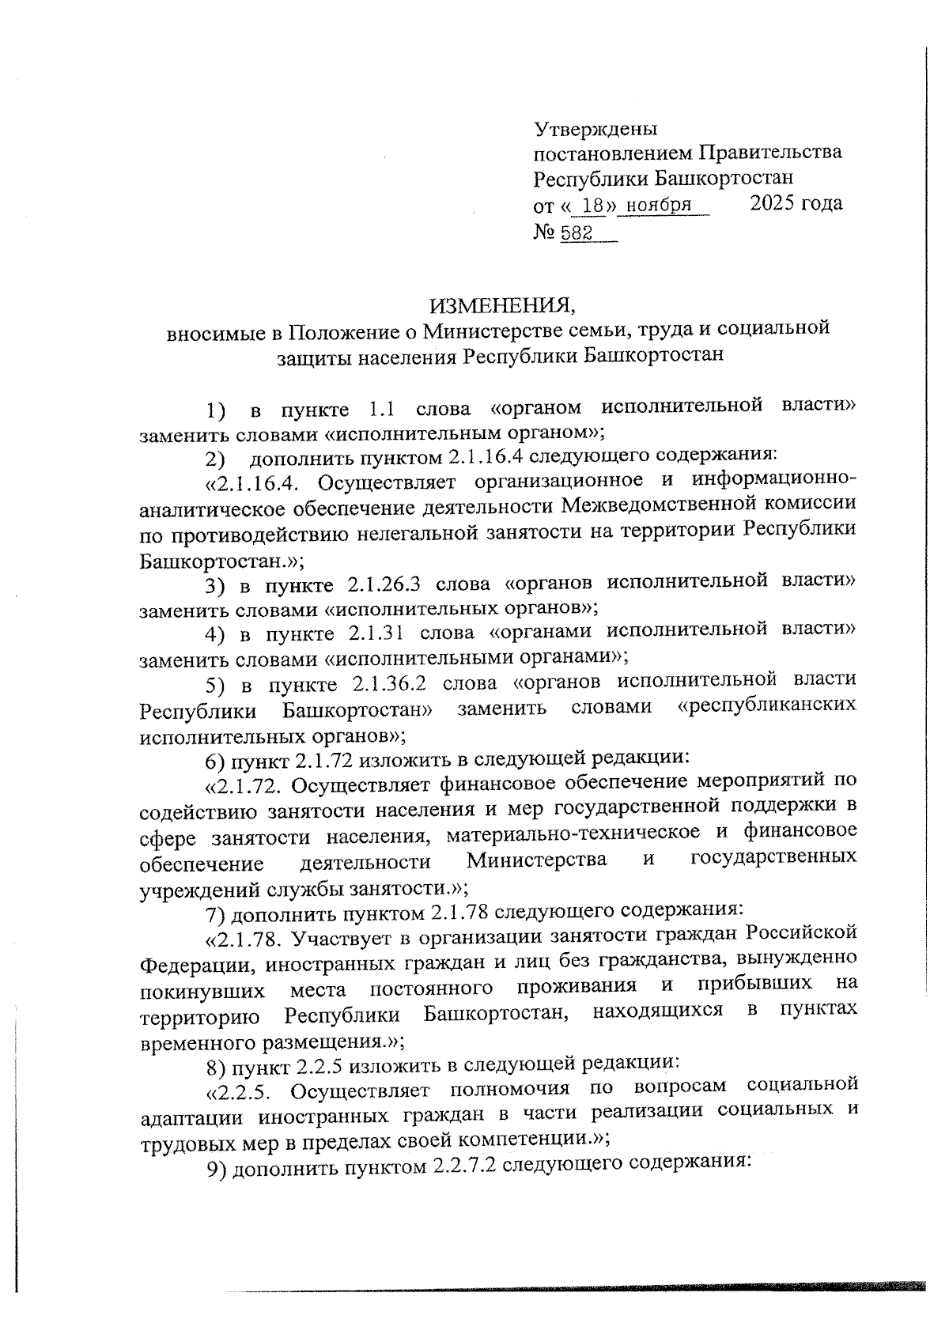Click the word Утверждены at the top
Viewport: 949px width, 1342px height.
coord(595,128)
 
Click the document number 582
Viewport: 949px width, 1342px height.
coord(577,233)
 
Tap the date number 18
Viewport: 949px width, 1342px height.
coord(592,206)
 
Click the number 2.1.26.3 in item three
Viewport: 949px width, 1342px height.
coord(383,584)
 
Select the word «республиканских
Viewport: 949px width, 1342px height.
coord(767,706)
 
